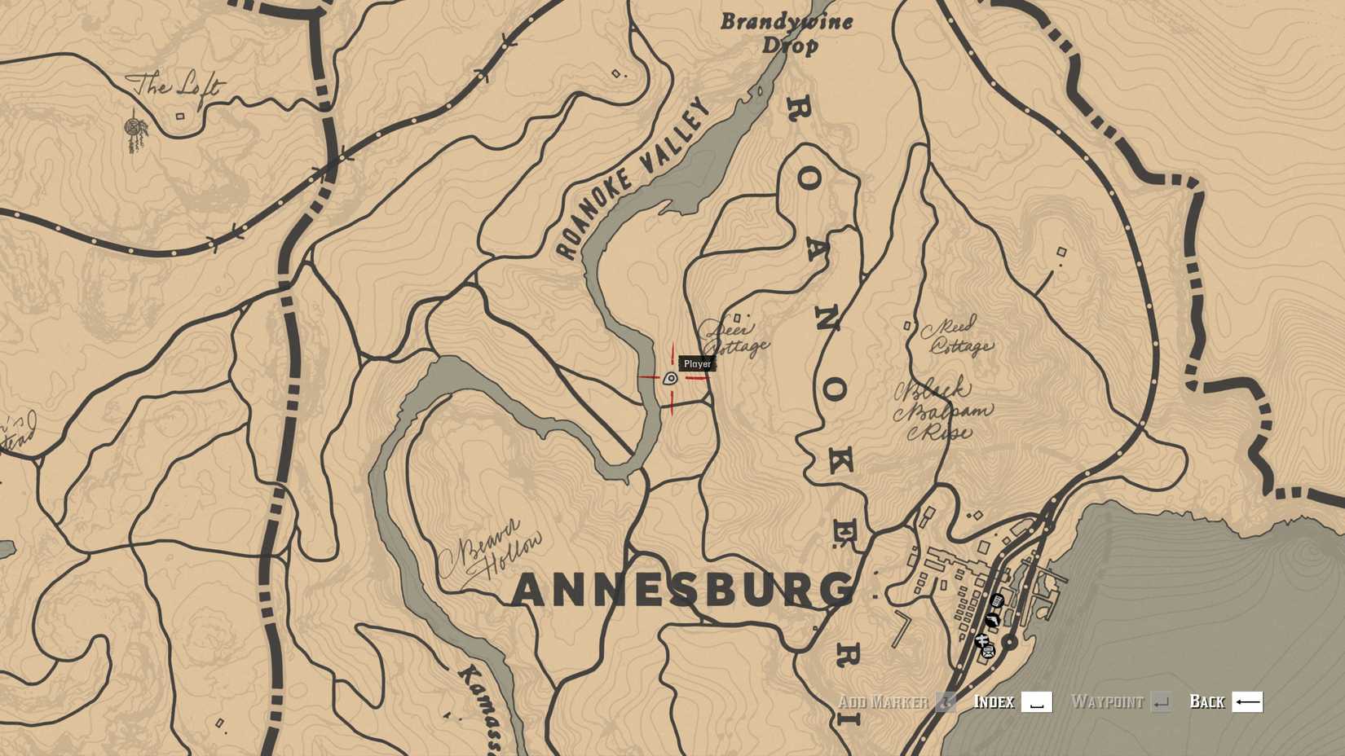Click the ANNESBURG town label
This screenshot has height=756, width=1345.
(x=683, y=590)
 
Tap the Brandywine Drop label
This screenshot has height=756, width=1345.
(x=787, y=33)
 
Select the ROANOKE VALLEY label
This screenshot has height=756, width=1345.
(x=633, y=179)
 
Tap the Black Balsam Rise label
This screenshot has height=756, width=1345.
(x=944, y=410)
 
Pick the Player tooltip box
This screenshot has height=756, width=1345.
(x=697, y=363)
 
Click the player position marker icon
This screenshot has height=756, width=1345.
(x=670, y=378)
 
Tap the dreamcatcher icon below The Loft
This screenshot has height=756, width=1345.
(x=135, y=130)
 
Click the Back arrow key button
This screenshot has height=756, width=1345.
(x=1247, y=701)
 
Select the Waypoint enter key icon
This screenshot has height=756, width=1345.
(x=1161, y=701)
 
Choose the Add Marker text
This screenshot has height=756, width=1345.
(x=883, y=701)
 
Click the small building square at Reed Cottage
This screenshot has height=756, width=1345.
(x=907, y=326)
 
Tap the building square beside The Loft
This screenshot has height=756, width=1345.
(x=180, y=116)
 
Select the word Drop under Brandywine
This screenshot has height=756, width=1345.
(x=790, y=45)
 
